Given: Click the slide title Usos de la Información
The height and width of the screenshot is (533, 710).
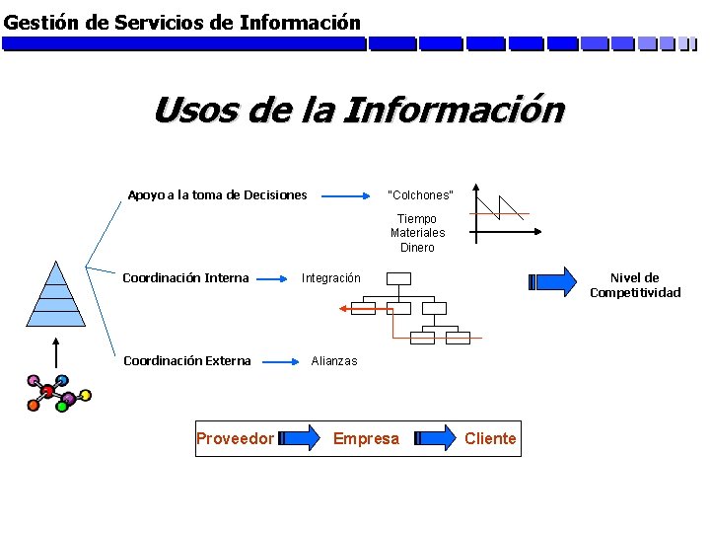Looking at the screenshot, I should click(359, 110).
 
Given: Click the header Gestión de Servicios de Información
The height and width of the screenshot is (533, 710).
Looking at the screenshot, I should click(182, 21).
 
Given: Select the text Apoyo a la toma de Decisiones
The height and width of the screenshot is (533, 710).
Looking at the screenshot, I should click(217, 194).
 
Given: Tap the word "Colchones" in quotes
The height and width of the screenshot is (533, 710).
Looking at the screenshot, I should click(420, 194).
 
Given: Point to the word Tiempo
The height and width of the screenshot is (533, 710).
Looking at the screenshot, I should click(417, 218).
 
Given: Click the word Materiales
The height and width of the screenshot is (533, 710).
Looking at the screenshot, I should click(417, 233).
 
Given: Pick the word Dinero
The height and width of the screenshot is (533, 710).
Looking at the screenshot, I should click(417, 248).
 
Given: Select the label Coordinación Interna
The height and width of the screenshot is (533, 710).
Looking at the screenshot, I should click(185, 277).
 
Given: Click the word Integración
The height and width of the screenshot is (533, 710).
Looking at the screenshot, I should click(331, 278).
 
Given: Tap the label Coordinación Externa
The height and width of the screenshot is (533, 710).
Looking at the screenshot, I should click(186, 360).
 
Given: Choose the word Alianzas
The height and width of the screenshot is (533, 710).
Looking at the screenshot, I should click(334, 361).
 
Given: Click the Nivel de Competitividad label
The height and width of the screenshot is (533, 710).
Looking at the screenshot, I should click(635, 285).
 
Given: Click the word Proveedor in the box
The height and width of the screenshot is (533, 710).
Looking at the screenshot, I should click(235, 438).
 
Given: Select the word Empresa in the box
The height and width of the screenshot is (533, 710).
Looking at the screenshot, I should click(366, 438).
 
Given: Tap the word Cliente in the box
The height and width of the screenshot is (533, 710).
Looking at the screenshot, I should click(490, 438).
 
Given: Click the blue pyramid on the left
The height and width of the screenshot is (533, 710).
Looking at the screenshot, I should click(55, 296).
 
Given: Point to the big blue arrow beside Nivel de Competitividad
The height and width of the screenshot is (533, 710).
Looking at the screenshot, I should click(556, 281).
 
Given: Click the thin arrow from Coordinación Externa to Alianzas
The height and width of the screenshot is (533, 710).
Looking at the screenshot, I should click(280, 361).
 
